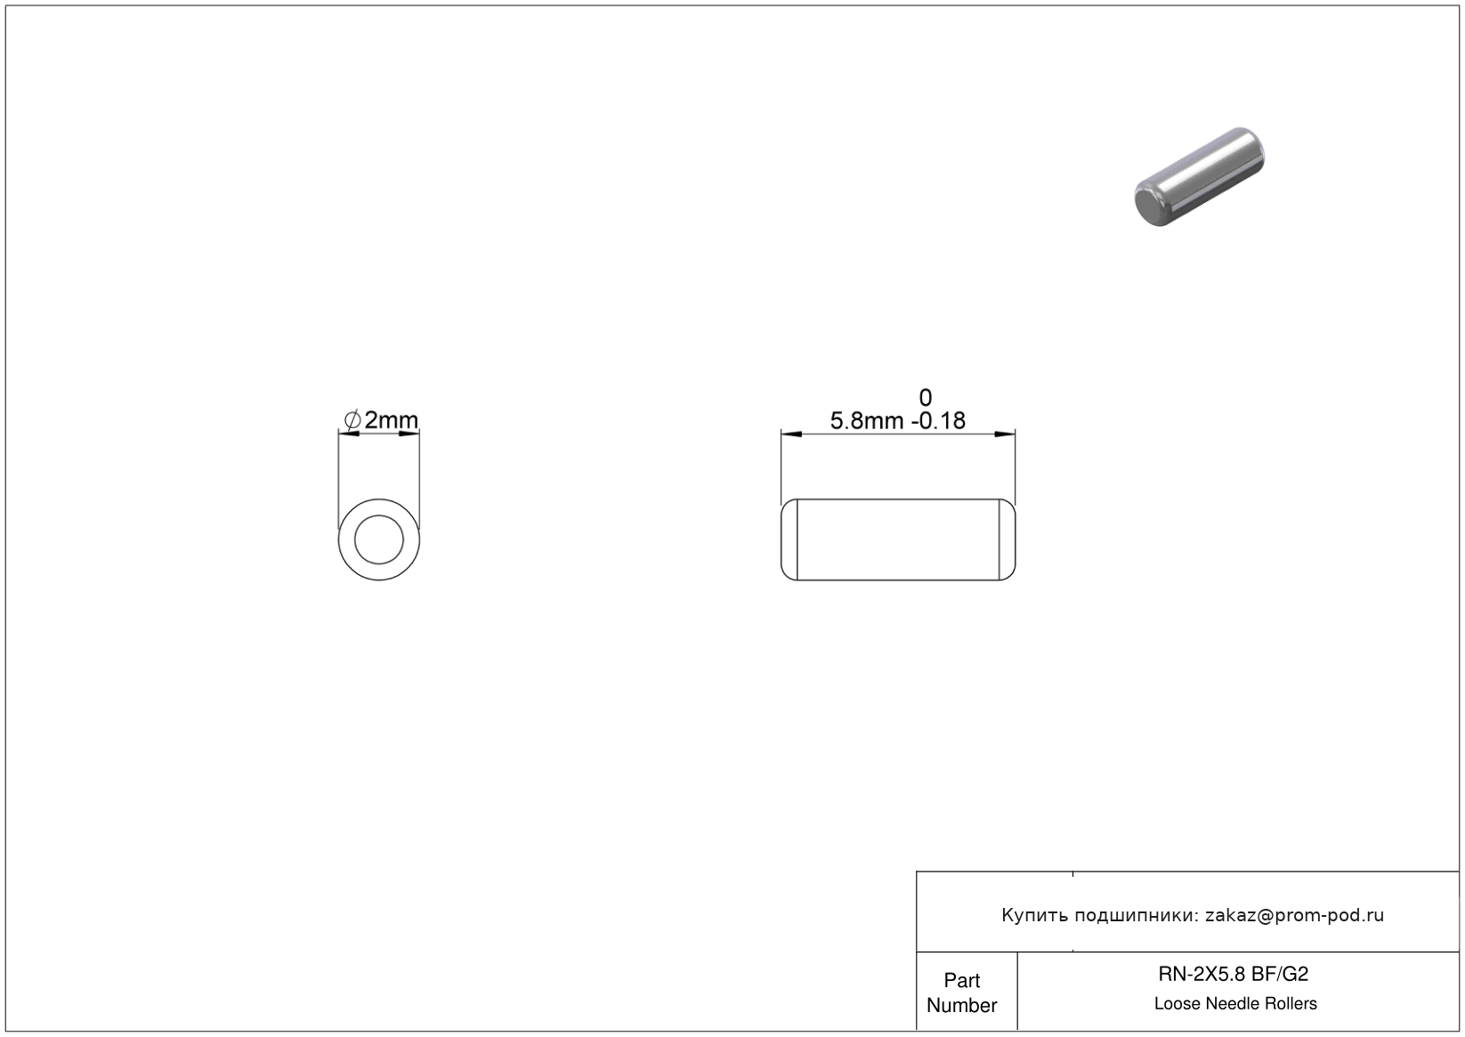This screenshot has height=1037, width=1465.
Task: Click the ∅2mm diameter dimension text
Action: click(x=381, y=420)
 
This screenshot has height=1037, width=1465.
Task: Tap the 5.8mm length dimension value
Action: click(x=867, y=421)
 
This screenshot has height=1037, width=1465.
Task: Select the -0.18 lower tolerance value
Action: click(x=938, y=421)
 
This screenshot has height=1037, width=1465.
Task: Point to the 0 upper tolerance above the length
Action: click(x=925, y=397)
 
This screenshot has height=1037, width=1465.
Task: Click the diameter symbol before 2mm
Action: click(x=352, y=420)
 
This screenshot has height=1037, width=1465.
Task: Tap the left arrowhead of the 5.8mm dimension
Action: click(x=791, y=433)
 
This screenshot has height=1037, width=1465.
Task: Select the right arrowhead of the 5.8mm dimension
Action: click(x=1005, y=433)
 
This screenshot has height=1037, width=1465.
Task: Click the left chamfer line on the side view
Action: click(x=797, y=539)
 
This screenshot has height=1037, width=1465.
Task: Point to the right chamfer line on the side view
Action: click(x=1000, y=539)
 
